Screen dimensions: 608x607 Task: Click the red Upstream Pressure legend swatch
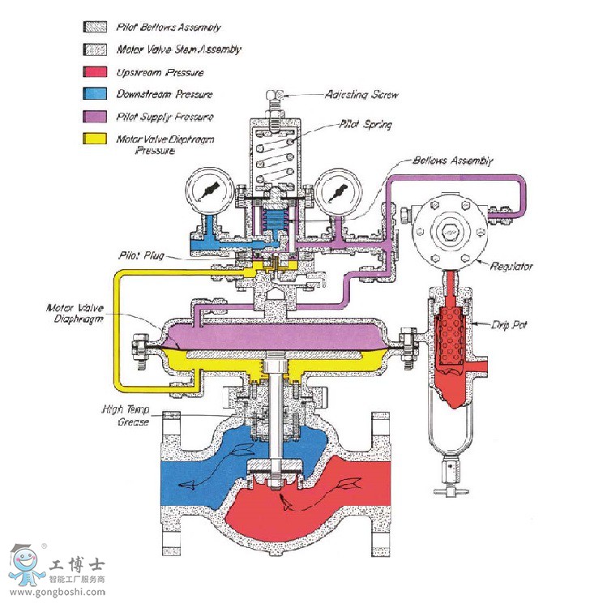click(94, 71)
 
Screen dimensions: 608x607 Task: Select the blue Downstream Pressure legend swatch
click(94, 93)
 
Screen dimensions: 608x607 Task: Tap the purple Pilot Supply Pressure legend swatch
click(94, 116)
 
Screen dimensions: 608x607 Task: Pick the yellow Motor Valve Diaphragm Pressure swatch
click(94, 139)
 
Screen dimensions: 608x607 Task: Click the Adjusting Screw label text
click(361, 95)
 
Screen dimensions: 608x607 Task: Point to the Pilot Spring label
click(365, 126)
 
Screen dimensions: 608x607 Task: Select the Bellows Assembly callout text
click(453, 161)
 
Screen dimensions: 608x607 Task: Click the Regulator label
click(514, 266)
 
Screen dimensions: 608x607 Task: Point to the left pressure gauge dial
click(209, 192)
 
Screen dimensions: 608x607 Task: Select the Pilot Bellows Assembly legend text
click(169, 27)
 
